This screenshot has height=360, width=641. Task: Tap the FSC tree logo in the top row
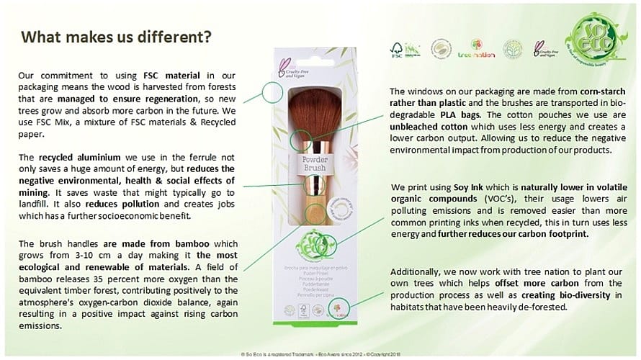coord(396,50)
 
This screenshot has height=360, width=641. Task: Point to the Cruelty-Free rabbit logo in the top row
coord(542,50)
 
